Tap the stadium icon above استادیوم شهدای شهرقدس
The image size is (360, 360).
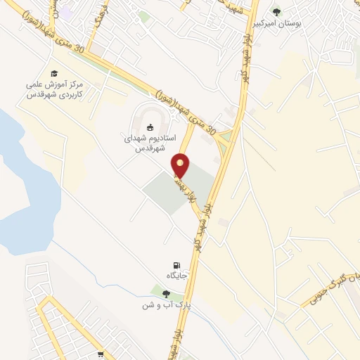point(149,127)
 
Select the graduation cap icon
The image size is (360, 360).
point(53,73)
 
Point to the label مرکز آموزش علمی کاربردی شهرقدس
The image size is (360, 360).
point(55,89)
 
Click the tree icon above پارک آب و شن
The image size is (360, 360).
point(166,294)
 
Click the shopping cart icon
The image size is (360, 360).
point(101,355)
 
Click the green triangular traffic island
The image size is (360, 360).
point(226,139)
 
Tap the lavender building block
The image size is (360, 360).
point(65,13)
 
